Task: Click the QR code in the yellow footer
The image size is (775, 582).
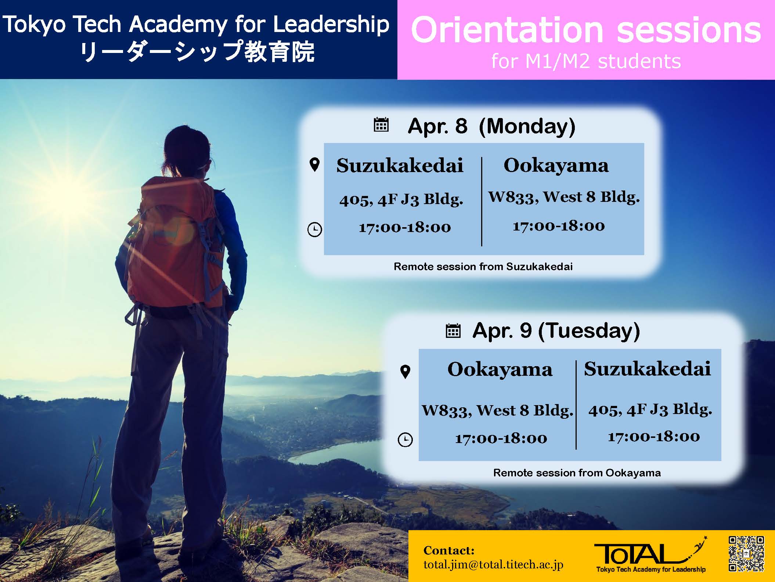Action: pyautogui.click(x=746, y=554)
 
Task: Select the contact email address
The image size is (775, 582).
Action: pyautogui.click(x=493, y=565)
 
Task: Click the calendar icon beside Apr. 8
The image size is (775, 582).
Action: pyautogui.click(x=381, y=125)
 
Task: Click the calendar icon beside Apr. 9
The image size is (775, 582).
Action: pyautogui.click(x=453, y=331)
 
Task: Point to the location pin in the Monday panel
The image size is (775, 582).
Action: pyautogui.click(x=314, y=165)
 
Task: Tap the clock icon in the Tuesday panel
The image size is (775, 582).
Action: pyautogui.click(x=405, y=439)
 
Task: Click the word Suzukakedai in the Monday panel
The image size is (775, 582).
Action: pyautogui.click(x=400, y=165)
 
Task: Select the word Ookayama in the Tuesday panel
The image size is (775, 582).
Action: pyautogui.click(x=500, y=369)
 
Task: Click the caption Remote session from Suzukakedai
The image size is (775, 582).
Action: pyautogui.click(x=483, y=267)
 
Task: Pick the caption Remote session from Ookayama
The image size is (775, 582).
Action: pyautogui.click(x=577, y=473)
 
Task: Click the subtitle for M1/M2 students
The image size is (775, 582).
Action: pyautogui.click(x=586, y=61)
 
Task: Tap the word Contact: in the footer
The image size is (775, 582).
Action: pyautogui.click(x=449, y=550)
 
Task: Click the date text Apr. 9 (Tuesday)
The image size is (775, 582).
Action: pyautogui.click(x=556, y=331)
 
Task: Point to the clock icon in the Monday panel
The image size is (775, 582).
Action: pyautogui.click(x=314, y=230)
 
